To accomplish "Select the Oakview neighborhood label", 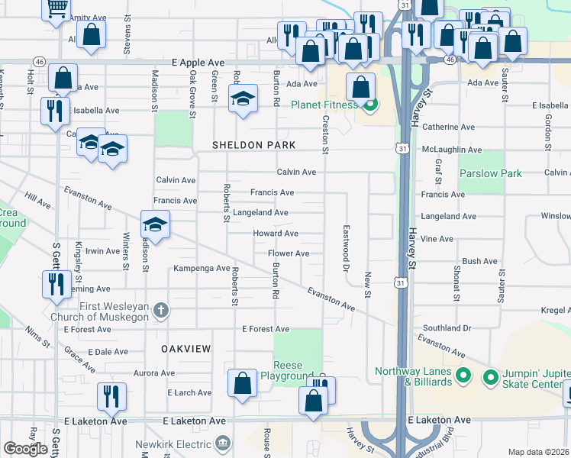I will [x=185, y=348].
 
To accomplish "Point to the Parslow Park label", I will [x=491, y=173].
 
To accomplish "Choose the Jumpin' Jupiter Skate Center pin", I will [x=490, y=376].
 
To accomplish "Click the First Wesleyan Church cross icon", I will [x=160, y=310].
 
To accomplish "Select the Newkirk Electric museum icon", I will [x=222, y=443].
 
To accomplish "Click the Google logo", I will [x=25, y=448].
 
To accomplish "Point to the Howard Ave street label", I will [x=276, y=234].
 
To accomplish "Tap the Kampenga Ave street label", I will [x=202, y=268].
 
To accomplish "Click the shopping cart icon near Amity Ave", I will [x=56, y=8].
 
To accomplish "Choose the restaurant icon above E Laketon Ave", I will [x=112, y=395].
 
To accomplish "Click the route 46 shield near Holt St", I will [x=38, y=60].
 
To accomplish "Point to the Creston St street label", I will [x=325, y=134].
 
